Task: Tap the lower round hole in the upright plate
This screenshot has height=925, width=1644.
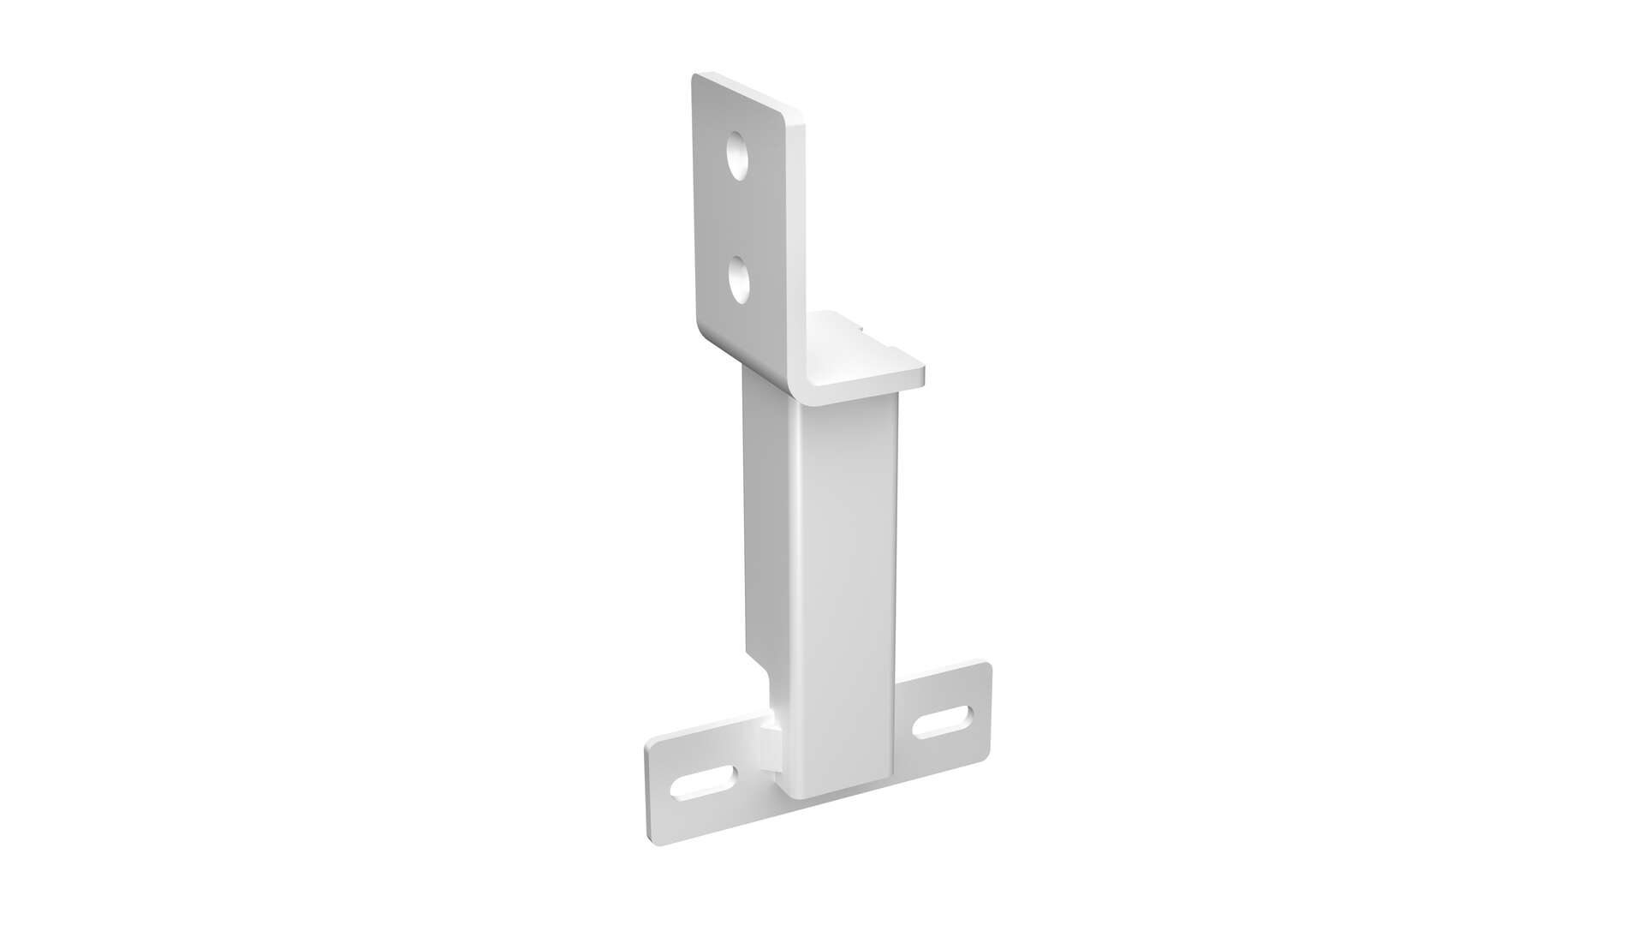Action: pyautogui.click(x=738, y=281)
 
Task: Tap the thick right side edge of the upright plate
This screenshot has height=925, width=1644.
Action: pyautogui.click(x=797, y=257)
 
